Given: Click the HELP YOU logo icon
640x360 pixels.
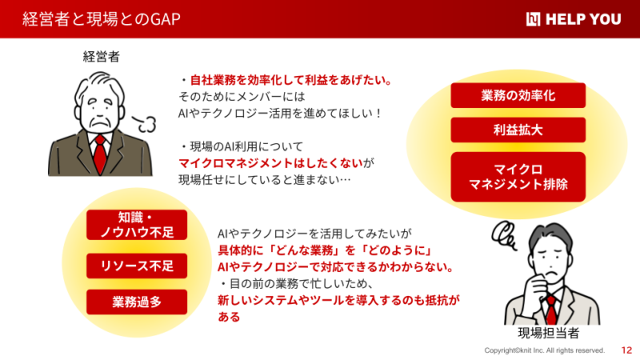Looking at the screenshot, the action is coord(533,18).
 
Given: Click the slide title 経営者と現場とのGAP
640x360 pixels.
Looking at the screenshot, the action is coord(102,19).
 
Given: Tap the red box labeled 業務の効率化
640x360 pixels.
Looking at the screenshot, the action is coord(518,95).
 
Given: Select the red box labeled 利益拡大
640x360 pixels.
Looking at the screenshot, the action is coord(518,130).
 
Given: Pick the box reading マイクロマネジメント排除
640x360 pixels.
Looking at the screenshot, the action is coord(518,177).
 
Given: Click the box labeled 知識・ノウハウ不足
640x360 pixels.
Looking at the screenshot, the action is coord(137,225).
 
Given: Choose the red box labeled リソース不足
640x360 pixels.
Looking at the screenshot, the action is coord(137,266).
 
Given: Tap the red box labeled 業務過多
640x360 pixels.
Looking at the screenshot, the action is coord(137,302).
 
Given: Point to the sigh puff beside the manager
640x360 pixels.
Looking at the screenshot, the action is coord(145,124).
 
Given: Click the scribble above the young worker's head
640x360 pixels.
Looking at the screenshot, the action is coord(504,235).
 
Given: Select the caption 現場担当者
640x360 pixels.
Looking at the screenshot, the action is coord(548,333).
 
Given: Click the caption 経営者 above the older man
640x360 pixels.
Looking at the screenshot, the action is coord(102,56).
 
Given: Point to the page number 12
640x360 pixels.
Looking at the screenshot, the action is coord(626,350).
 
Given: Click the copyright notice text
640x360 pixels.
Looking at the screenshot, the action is coord(545,350).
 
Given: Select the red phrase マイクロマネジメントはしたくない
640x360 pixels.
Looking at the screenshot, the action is coord(271,163).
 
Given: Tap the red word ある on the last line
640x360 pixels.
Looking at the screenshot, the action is coord(229,317).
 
